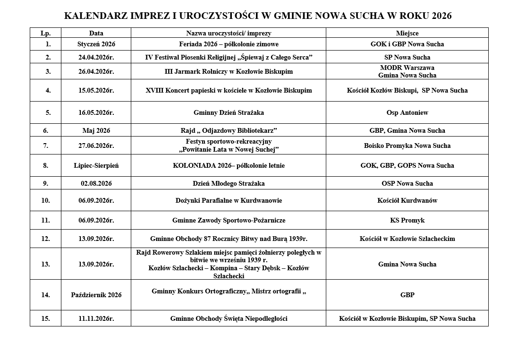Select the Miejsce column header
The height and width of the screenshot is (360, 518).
click(407, 33)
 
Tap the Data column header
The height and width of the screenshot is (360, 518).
click(96, 33)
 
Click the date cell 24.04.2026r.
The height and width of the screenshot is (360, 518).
click(96, 57)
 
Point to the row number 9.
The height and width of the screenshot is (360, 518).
click(45, 183)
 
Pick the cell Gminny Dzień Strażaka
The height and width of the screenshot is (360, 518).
click(229, 112)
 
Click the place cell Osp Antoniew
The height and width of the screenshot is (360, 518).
click(407, 112)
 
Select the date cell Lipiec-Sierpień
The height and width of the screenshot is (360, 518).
click(96, 165)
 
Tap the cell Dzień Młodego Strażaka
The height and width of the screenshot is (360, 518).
click(229, 183)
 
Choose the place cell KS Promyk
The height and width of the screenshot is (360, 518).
click(407, 220)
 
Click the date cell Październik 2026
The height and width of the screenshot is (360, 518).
click(96, 295)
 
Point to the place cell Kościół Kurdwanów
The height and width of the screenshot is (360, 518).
click(407, 200)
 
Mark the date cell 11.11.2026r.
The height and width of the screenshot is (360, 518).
click(96, 318)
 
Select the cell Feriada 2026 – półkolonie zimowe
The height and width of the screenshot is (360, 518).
click(229, 44)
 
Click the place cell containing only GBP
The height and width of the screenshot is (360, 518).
click(407, 295)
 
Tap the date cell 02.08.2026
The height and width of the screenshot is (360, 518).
click(96, 183)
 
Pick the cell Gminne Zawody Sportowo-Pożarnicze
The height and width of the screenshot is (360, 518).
click(229, 220)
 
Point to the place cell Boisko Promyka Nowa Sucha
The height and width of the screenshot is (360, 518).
click(407, 146)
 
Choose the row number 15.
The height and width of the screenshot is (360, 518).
click(45, 318)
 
